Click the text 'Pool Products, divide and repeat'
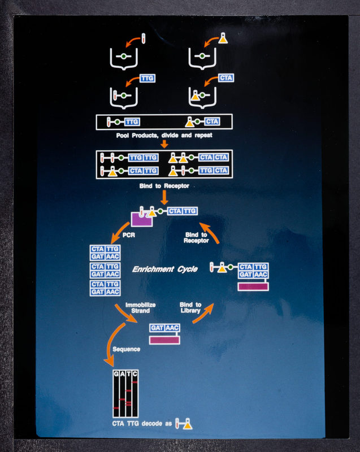tap(164, 136)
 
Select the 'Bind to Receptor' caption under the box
tap(164, 185)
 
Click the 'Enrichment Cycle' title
tap(165, 270)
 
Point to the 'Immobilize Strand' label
tap(141, 308)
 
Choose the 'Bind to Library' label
tap(190, 308)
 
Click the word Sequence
tap(126, 349)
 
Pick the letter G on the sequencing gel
tap(116, 374)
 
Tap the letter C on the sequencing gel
tap(135, 374)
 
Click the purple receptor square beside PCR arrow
tap(141, 219)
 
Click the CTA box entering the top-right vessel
tap(226, 77)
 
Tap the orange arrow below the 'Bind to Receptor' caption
tap(164, 197)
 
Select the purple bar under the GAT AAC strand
tap(164, 340)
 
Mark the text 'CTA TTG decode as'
tap(141, 424)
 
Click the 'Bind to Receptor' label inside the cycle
tap(196, 237)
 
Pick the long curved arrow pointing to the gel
tap(111, 345)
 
